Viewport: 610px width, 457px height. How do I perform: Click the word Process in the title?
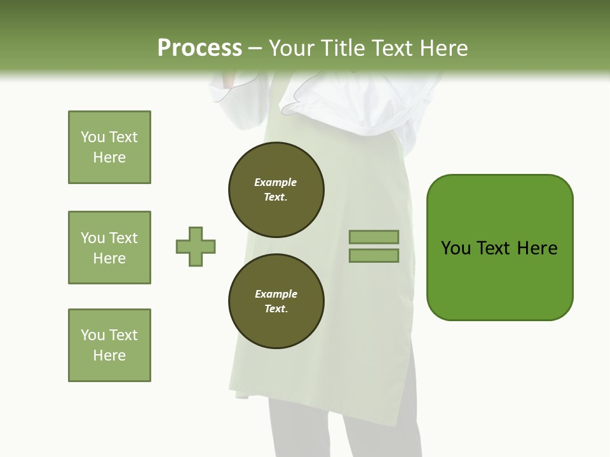[200, 48]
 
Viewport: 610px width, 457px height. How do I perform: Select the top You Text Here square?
[109, 147]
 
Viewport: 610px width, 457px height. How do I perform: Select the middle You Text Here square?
[109, 248]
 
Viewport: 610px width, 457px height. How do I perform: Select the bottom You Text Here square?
[109, 345]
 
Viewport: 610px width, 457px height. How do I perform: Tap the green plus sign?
[196, 246]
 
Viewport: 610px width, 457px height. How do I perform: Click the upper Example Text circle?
[276, 190]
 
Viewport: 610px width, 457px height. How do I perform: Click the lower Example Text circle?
[276, 301]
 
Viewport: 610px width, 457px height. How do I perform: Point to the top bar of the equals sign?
[374, 237]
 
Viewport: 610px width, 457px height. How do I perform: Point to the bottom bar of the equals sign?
[374, 256]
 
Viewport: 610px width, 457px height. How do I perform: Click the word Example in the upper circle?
[275, 182]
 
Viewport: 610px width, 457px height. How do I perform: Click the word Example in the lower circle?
[276, 294]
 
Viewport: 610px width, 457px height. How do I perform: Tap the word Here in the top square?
[109, 157]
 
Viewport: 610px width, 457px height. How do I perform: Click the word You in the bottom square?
[93, 335]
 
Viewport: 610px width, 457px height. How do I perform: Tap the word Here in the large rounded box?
[537, 248]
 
